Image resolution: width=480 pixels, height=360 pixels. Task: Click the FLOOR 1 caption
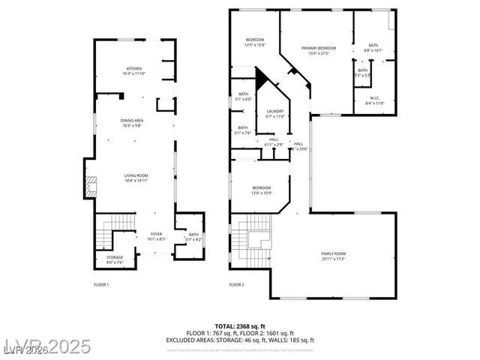tap(101, 285)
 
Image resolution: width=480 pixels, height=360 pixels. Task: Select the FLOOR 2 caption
tap(236, 285)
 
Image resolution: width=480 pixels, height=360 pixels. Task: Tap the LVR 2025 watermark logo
tap(46, 347)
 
